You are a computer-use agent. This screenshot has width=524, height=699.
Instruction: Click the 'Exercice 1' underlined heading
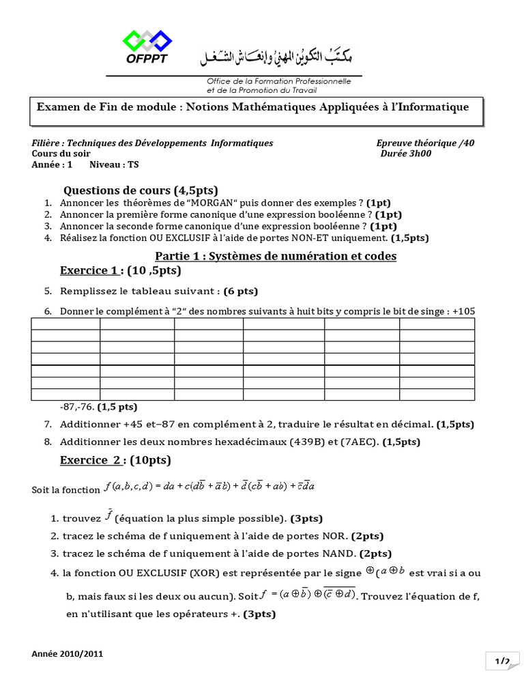89,270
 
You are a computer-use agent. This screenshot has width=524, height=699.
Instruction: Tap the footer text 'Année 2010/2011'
68,653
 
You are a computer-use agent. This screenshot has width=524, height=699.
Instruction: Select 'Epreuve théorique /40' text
424,143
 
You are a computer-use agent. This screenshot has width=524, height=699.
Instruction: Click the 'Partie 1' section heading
276,256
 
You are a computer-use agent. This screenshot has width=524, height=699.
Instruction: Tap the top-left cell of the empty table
65,326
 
